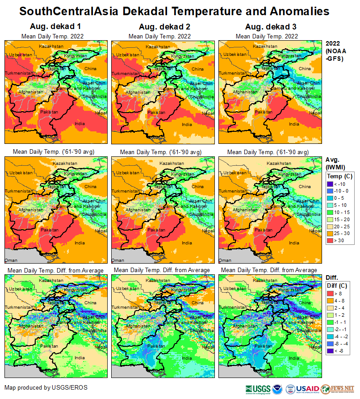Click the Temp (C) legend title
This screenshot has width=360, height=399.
340,176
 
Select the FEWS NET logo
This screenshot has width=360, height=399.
343,389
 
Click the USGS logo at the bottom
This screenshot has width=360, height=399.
258,389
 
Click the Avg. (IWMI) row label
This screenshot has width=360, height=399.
335,164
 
